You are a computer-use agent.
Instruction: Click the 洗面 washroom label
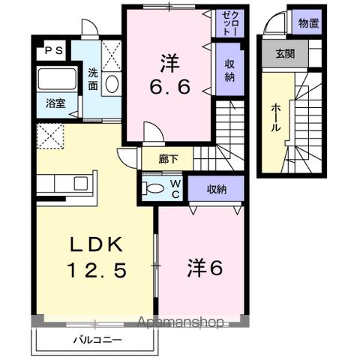pyautogui.click(x=92, y=79)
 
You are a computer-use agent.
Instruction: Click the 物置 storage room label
pyautogui.click(x=308, y=23)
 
